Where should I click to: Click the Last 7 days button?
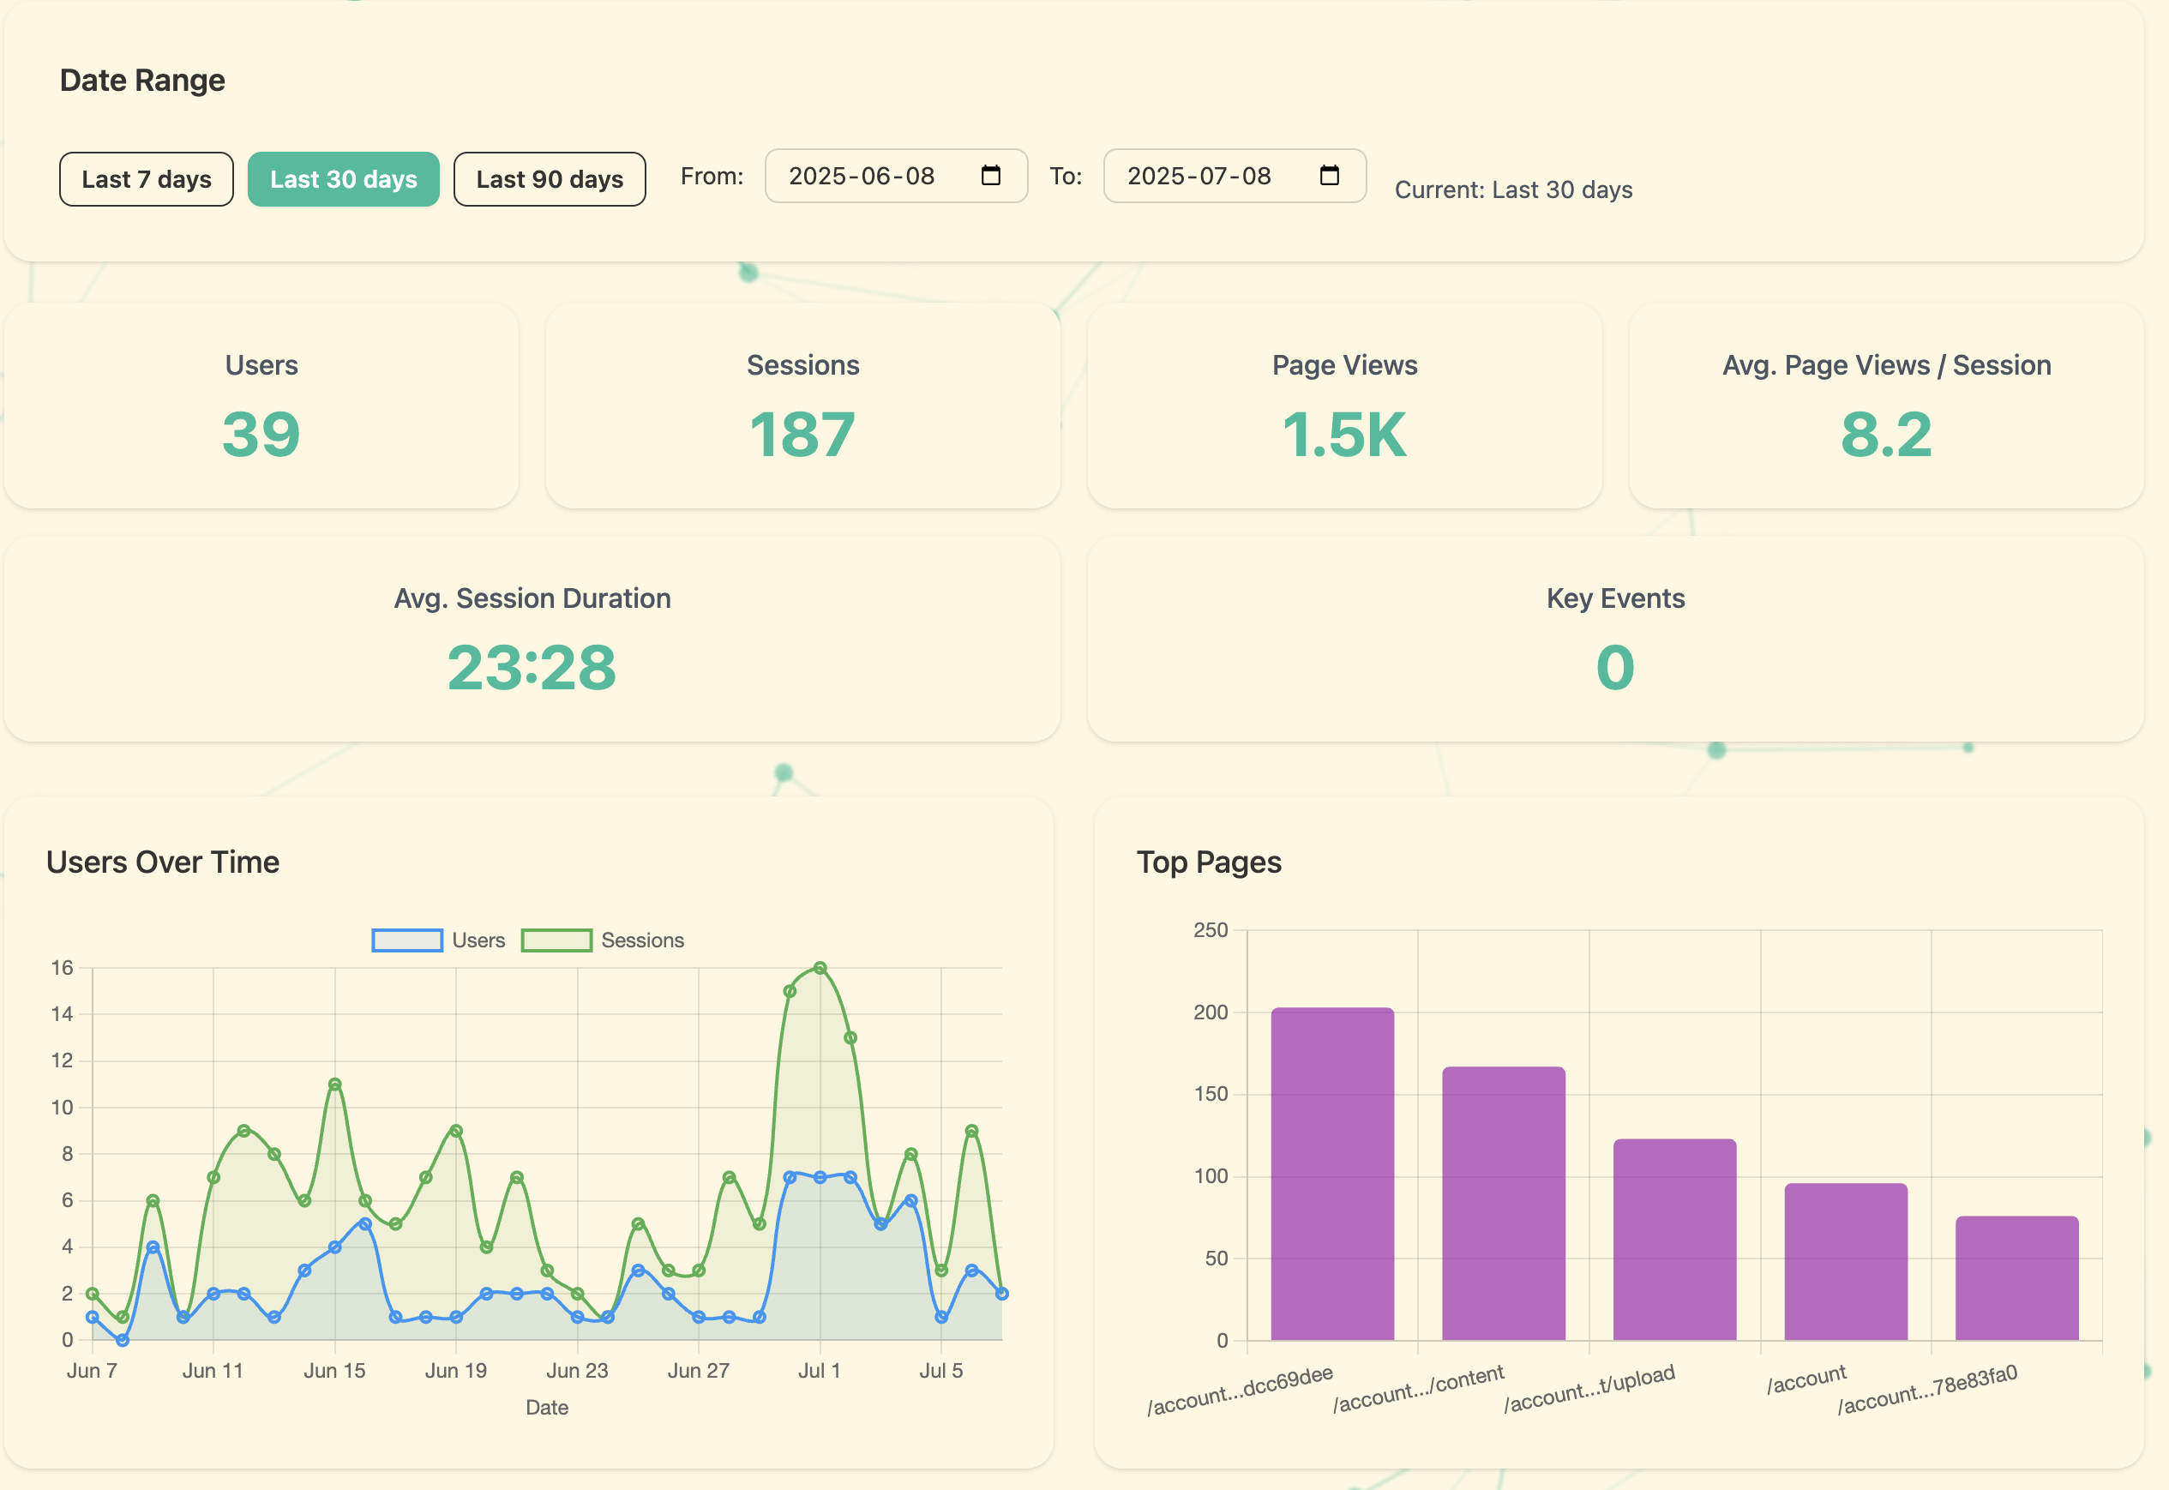tap(147, 179)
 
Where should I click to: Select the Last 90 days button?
tap(549, 179)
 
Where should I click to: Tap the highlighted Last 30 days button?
tap(344, 179)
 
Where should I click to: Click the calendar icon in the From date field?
tap(990, 176)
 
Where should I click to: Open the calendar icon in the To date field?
tap(1329, 176)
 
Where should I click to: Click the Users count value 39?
tap(261, 435)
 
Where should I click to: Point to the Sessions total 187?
tap(802, 435)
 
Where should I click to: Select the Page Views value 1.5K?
tap(1344, 435)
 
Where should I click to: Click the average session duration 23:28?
tap(532, 669)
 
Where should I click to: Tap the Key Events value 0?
tap(1614, 669)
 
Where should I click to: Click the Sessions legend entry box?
tap(556, 940)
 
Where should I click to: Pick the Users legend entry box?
tap(407, 940)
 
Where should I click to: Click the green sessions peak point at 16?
tap(820, 968)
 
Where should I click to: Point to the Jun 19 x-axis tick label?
tap(455, 1371)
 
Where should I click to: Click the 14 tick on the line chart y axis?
tap(62, 1014)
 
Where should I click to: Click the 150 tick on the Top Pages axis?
tap(1211, 1094)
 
